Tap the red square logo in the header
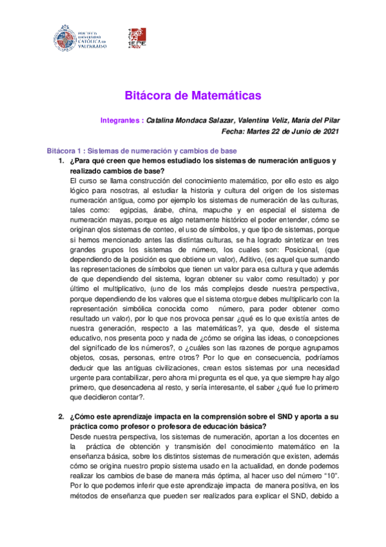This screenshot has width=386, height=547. click(137, 39)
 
